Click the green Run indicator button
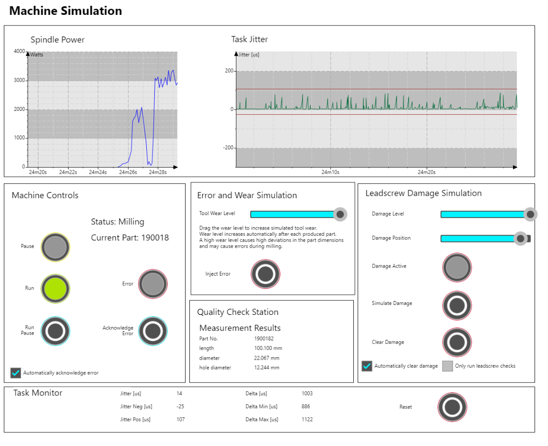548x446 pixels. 56,289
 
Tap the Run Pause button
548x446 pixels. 56,331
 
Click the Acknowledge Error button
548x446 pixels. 153,331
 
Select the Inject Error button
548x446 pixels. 266,274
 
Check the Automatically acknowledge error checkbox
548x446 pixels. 16,373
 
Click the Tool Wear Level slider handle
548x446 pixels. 340,214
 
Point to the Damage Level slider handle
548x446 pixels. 530,214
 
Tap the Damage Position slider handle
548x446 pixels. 520,238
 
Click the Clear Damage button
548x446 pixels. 457,342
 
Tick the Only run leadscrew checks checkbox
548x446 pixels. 447,366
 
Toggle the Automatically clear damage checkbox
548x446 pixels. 367,366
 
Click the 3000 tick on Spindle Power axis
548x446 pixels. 20,80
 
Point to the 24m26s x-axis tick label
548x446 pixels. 127,172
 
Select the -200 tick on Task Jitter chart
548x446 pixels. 228,148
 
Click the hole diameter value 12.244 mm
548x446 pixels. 267,368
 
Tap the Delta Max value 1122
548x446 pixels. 307,420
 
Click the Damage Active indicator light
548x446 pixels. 457,267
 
